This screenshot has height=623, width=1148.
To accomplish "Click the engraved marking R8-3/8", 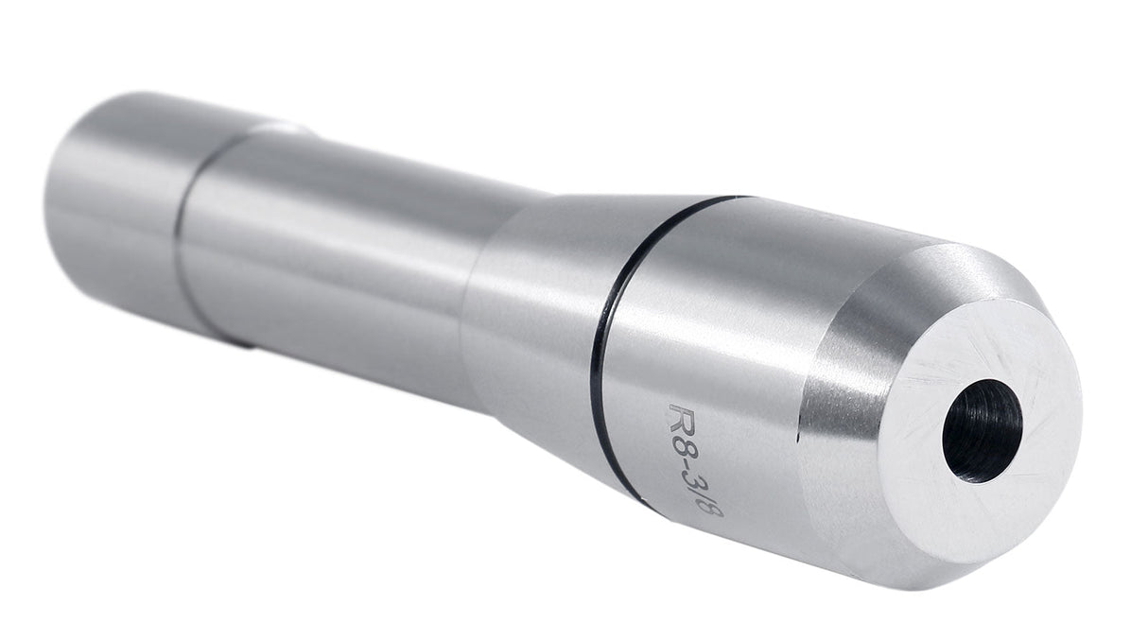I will [x=696, y=459].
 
